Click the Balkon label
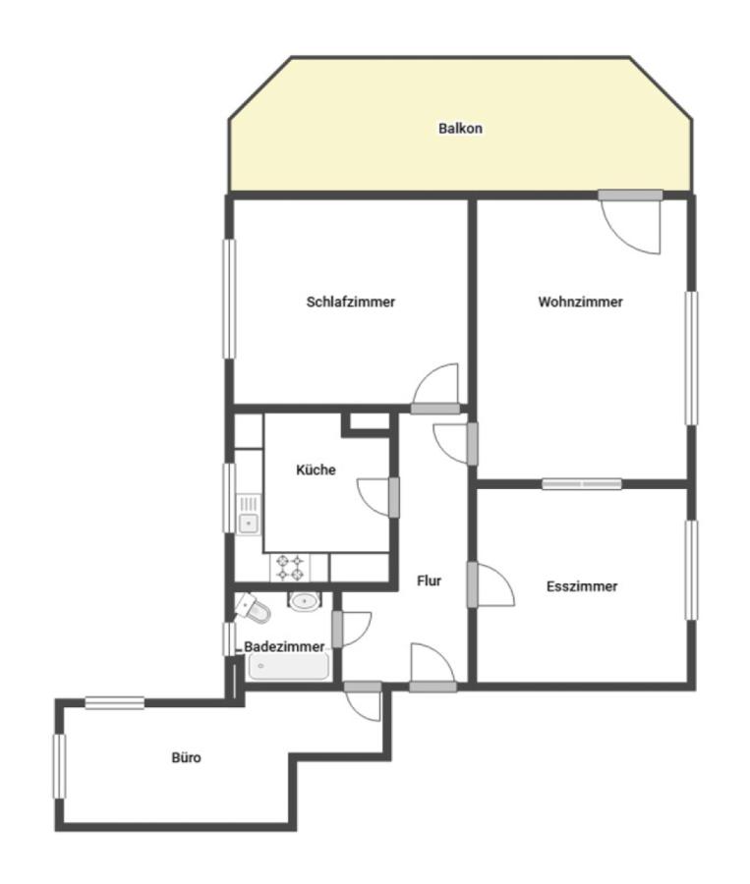pos(460,128)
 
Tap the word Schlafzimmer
pos(351,302)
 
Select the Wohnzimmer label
pos(580,302)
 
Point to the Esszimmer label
pos(582,586)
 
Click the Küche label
pos(316,470)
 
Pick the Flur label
pos(429,580)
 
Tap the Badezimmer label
pos(284,646)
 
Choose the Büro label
pos(186,757)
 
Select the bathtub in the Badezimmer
pos(288,667)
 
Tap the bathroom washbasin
pos(305,600)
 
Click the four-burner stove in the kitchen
pos(291,568)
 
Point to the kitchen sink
pos(248,514)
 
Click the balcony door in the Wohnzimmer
pos(630,222)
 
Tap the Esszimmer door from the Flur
pos(490,585)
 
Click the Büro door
pos(363,701)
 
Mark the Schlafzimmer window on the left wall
pos(229,299)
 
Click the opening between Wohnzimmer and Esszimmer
pos(582,483)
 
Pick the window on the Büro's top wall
pos(115,703)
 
